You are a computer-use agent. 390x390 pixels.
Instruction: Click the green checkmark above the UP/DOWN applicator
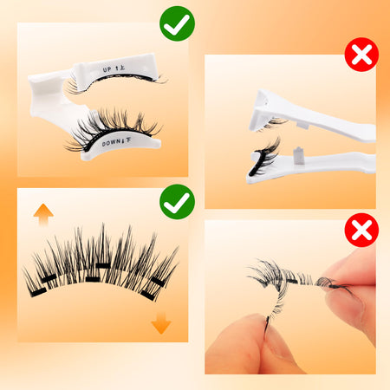(x=177, y=23)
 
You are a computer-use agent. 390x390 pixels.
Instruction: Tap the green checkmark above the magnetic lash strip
(x=177, y=202)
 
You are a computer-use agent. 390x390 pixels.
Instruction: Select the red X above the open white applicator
(x=361, y=55)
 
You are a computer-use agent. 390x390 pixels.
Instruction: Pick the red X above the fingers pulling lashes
(x=361, y=230)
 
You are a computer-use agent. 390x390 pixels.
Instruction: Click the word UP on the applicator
(x=107, y=69)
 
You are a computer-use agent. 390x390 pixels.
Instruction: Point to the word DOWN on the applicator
(x=111, y=142)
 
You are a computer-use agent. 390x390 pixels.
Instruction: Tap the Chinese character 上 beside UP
(x=121, y=68)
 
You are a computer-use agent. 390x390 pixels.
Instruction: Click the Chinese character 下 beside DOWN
(x=128, y=140)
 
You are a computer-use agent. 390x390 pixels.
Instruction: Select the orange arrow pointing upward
(x=43, y=214)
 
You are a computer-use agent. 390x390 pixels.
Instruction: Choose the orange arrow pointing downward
(x=161, y=323)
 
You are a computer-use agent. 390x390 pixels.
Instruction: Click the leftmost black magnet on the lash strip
(x=38, y=292)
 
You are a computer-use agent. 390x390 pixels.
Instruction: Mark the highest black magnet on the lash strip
(x=103, y=266)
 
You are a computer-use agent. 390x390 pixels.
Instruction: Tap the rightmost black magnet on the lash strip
(x=158, y=282)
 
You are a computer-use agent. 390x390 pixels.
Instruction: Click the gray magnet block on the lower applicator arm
(x=298, y=155)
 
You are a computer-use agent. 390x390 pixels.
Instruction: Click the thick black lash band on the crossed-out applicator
(x=255, y=162)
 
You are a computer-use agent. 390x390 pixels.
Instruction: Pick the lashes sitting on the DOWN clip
(x=113, y=127)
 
